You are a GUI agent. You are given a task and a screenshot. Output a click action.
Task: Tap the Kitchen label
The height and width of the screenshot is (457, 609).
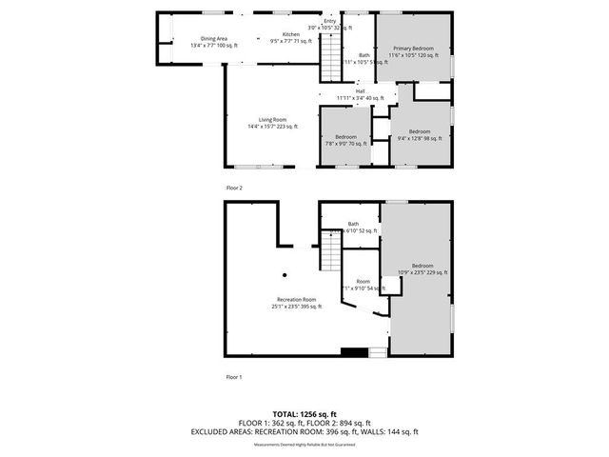pyautogui.click(x=278, y=35)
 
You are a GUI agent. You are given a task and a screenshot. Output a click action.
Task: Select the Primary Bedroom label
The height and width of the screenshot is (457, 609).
pyautogui.click(x=413, y=49)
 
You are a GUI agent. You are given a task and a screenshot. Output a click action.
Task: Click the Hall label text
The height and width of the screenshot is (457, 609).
pyautogui.click(x=360, y=91)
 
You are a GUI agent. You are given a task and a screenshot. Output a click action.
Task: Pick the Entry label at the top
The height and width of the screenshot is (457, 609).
pyautogui.click(x=330, y=21)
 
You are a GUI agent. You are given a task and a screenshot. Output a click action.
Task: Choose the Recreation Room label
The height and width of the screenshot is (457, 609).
pyautogui.click(x=296, y=300)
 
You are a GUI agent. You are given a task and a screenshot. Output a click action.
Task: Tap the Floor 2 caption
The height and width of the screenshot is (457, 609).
pyautogui.click(x=234, y=189)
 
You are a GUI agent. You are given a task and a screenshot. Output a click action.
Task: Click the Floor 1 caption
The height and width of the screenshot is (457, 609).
pyautogui.click(x=234, y=378)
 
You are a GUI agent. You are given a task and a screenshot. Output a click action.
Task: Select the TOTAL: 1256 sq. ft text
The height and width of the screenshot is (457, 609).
pyautogui.click(x=304, y=414)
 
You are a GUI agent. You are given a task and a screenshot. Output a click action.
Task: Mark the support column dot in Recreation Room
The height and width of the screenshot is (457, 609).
pyautogui.click(x=284, y=276)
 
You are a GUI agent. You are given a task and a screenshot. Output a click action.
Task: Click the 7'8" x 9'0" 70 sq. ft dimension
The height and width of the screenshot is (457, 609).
pyautogui.click(x=346, y=144)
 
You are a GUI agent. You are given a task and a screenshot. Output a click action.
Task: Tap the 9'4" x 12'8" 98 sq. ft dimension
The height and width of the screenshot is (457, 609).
pyautogui.click(x=419, y=138)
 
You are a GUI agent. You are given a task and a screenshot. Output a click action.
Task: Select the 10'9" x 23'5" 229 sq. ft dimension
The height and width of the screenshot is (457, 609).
pyautogui.click(x=422, y=272)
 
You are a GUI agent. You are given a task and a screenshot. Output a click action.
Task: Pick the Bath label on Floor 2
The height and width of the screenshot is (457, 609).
pyautogui.click(x=363, y=55)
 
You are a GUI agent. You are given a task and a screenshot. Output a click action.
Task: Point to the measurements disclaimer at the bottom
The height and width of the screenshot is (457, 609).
pyautogui.click(x=304, y=445)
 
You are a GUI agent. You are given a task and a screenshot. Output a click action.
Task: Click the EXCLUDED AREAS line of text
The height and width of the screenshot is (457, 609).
pyautogui.click(x=304, y=431)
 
